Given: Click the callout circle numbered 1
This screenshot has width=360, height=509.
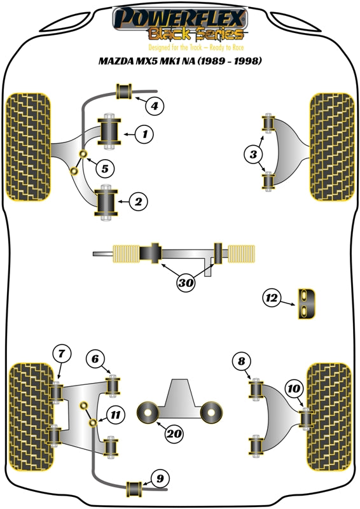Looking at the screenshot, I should click(x=145, y=134).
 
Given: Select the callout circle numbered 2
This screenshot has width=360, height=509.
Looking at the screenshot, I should click(x=138, y=202).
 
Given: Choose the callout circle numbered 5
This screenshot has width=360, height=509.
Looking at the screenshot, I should click(x=105, y=169).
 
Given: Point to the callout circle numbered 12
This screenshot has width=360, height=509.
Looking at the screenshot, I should click(x=272, y=297).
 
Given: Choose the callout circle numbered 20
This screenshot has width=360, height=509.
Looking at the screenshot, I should click(x=174, y=435).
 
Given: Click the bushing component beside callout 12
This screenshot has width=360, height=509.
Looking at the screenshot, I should click(x=307, y=301).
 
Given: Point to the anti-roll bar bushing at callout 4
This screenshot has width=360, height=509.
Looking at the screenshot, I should click(x=124, y=92).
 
